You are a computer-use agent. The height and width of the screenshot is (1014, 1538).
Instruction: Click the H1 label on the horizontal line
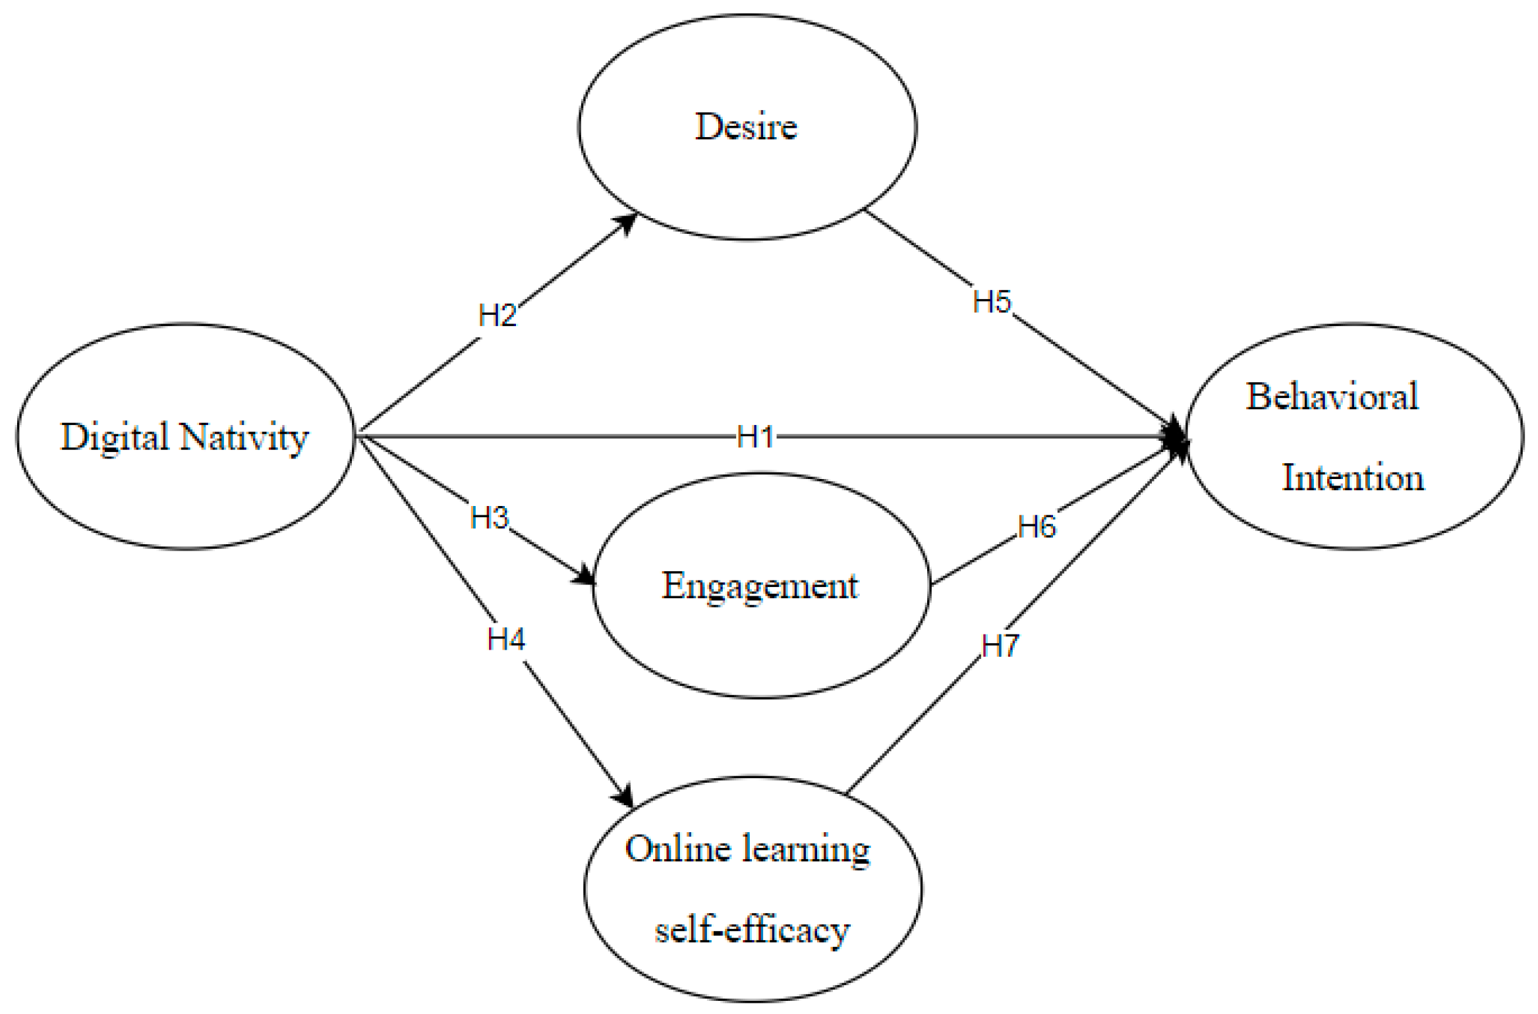click(x=755, y=437)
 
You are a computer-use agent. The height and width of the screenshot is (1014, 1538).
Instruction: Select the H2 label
click(x=497, y=316)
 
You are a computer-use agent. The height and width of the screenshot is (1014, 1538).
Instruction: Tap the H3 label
click(x=490, y=518)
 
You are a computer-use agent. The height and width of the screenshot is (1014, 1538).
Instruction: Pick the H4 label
click(x=506, y=639)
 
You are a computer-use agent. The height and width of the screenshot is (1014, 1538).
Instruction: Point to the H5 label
click(x=992, y=302)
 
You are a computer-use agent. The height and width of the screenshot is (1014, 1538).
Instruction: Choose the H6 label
click(x=1037, y=527)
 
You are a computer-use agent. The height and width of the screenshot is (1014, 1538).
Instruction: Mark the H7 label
click(x=1000, y=646)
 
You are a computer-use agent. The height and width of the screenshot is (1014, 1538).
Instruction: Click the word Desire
click(x=746, y=127)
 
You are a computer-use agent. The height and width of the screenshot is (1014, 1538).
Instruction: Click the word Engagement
click(x=760, y=586)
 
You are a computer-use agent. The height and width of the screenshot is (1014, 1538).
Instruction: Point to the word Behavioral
click(x=1332, y=397)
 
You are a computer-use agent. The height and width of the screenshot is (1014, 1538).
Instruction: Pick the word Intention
click(x=1353, y=478)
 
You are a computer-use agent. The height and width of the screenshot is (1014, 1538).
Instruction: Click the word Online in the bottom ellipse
click(x=678, y=849)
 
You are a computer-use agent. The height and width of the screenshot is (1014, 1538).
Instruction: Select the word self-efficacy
click(x=752, y=930)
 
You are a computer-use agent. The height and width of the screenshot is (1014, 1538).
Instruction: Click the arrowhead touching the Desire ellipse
click(x=627, y=222)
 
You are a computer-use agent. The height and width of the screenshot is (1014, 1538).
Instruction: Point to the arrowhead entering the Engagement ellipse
click(x=584, y=576)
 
